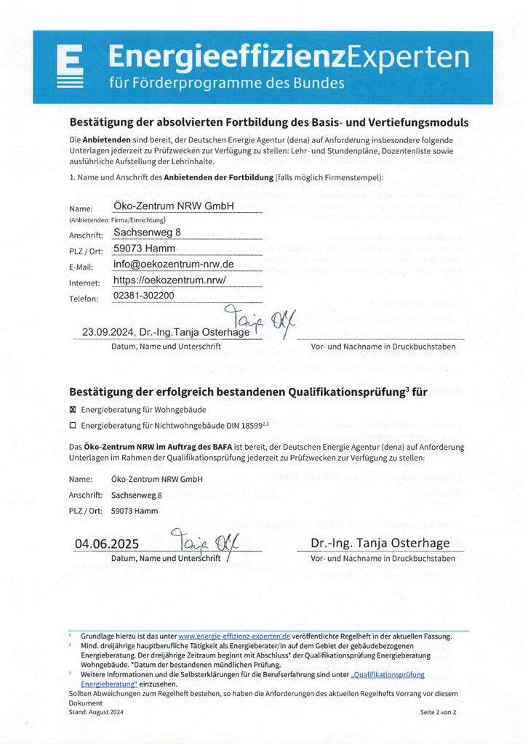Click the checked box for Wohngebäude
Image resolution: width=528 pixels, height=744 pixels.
click(x=72, y=410)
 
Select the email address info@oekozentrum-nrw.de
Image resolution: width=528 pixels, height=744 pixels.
click(x=173, y=264)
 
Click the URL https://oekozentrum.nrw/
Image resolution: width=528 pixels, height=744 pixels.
click(x=171, y=280)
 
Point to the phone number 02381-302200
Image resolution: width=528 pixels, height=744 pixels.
click(x=144, y=296)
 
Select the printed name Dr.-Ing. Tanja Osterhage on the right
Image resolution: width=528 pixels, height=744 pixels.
click(x=380, y=543)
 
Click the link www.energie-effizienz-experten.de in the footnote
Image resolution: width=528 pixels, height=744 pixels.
click(x=234, y=636)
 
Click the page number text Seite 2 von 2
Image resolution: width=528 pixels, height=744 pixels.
click(x=438, y=713)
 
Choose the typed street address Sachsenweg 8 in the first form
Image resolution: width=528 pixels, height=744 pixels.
click(x=147, y=233)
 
